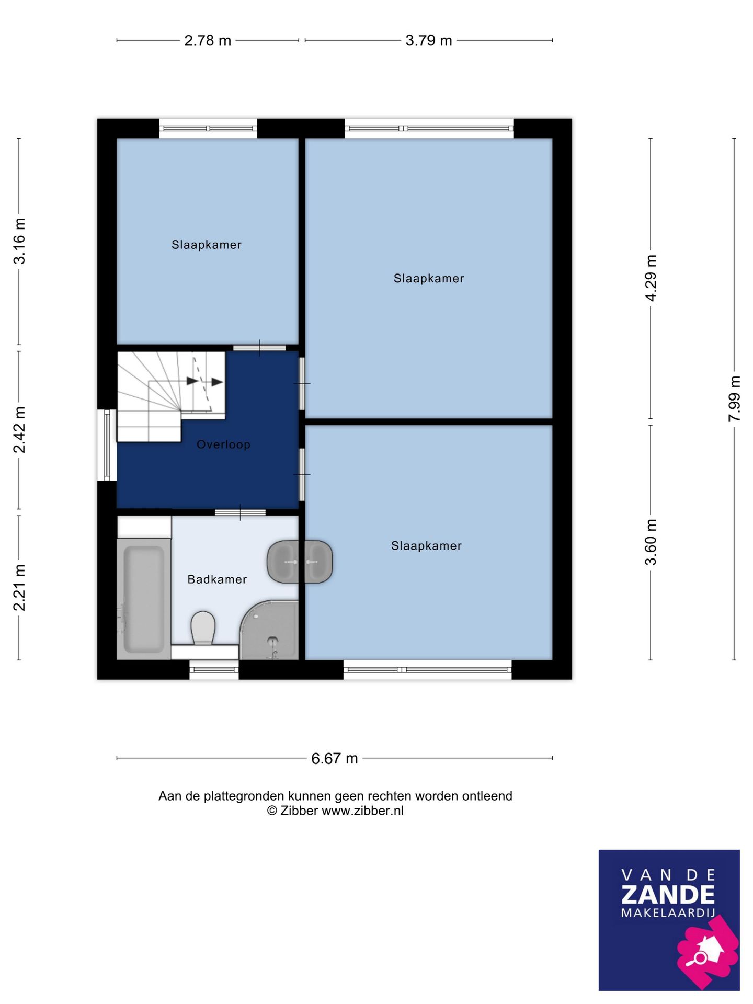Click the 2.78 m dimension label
click(208, 40)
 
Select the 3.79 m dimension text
click(429, 40)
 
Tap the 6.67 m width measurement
click(335, 758)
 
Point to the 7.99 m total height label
click(734, 399)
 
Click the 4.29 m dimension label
click(651, 278)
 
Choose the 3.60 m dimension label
click(651, 542)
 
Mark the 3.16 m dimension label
click(19, 241)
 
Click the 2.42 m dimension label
click(19, 430)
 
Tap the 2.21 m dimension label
click(19, 588)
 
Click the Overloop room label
click(224, 444)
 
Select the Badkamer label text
click(217, 579)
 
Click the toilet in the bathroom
click(203, 628)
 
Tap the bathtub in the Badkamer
click(144, 599)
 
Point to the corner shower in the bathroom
click(269, 630)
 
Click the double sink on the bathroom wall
click(300, 562)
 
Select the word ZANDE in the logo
click(668, 895)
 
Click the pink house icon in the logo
click(708, 947)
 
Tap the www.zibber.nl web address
click(362, 811)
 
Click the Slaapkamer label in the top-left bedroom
click(207, 245)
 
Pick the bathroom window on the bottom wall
click(214, 670)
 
